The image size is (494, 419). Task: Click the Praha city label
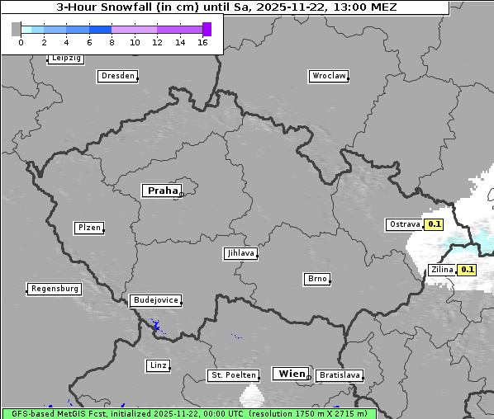[162, 191]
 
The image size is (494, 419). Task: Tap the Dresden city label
[117, 76]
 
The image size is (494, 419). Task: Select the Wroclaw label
[328, 76]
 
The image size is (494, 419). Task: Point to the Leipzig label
[65, 59]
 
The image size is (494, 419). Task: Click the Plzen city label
[88, 228]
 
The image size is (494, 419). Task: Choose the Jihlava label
[240, 253]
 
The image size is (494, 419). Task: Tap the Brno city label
[317, 279]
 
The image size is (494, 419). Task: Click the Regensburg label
[55, 289]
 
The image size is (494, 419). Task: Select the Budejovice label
[154, 300]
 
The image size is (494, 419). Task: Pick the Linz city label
[158, 365]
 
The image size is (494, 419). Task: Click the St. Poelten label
[234, 375]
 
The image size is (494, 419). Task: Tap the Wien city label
[292, 374]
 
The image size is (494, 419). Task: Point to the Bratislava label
[339, 375]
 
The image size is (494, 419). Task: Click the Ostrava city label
[404, 224]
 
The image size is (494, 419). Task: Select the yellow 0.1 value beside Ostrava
[435, 224]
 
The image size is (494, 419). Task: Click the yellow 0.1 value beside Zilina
[468, 270]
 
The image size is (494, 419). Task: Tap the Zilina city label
[442, 270]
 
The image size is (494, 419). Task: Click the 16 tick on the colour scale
[202, 42]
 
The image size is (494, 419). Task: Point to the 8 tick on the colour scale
[112, 42]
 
